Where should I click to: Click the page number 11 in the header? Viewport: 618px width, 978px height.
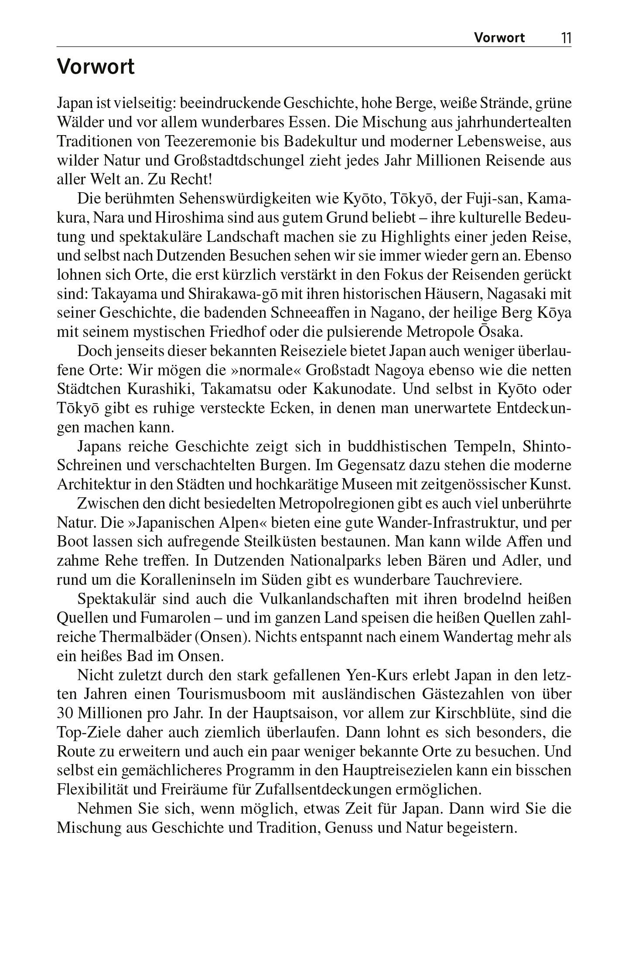click(566, 38)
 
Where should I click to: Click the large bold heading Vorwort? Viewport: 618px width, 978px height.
click(96, 67)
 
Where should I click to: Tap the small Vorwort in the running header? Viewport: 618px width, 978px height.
click(499, 38)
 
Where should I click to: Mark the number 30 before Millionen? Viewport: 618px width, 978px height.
click(65, 713)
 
